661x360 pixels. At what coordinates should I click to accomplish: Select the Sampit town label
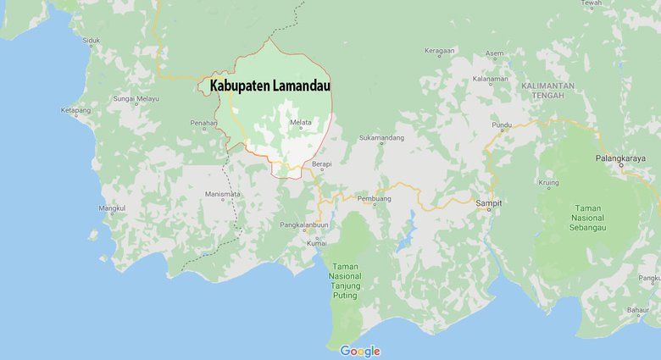click(488, 203)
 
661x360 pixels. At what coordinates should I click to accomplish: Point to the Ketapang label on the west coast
click(75, 110)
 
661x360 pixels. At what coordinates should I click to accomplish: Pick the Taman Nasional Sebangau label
click(588, 218)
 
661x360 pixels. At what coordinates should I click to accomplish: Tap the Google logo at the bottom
click(360, 351)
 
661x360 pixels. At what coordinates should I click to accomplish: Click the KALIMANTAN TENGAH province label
click(548, 91)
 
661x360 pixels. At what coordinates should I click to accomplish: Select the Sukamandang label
click(381, 137)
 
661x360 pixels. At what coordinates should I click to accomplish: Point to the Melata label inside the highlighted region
click(301, 123)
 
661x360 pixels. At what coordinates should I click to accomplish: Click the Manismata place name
click(222, 194)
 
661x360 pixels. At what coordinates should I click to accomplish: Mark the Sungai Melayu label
click(136, 99)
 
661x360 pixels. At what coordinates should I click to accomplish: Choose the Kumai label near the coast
click(318, 243)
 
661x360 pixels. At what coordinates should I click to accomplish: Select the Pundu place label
click(502, 125)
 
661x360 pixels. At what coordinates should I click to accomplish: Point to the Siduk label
click(91, 40)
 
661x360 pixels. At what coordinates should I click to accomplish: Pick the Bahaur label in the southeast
click(637, 311)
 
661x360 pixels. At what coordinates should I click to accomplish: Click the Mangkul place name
click(112, 208)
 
